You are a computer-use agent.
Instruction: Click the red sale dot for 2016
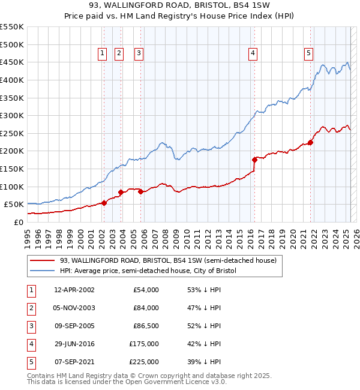point(254,160)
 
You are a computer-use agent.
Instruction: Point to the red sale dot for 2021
point(311,142)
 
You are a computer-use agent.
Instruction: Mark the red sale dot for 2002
point(104,203)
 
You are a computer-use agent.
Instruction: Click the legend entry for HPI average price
point(148,271)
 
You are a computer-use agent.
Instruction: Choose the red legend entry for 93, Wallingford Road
point(167,260)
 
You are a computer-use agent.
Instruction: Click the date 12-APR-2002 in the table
point(74,290)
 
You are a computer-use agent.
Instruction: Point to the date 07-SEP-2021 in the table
point(74,362)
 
